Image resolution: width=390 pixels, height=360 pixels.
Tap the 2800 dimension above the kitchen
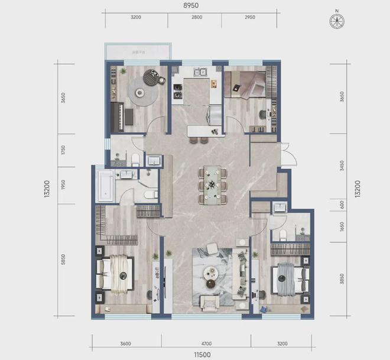[x=196, y=18]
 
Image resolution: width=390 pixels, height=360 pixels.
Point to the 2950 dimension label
[x=251, y=18]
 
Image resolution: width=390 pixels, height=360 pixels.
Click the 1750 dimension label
[x=63, y=150]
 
